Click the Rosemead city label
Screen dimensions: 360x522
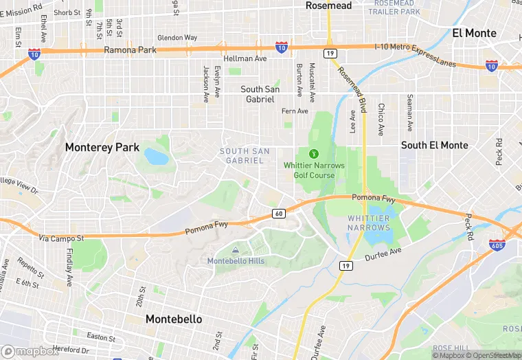(328, 5)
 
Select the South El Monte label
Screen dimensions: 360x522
(434, 145)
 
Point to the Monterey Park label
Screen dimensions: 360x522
(102, 147)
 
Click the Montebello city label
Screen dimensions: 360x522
(174, 319)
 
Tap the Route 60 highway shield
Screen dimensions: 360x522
(278, 214)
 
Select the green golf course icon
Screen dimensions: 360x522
(314, 153)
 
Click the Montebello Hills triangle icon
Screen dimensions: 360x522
(236, 250)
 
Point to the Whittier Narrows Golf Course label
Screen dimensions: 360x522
(309, 170)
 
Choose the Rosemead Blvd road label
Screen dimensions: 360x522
(352, 86)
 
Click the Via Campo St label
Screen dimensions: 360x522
(61, 238)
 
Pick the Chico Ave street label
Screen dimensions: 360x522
(381, 120)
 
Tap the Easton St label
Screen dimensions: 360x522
(102, 336)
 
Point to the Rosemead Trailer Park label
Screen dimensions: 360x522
(394, 8)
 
